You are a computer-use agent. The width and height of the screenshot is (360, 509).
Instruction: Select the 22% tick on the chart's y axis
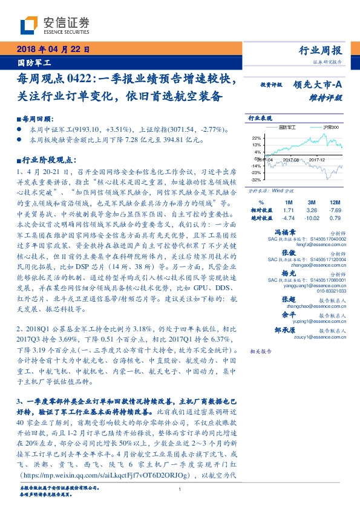[256, 138]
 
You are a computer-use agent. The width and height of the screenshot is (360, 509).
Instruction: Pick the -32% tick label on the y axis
[256, 180]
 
